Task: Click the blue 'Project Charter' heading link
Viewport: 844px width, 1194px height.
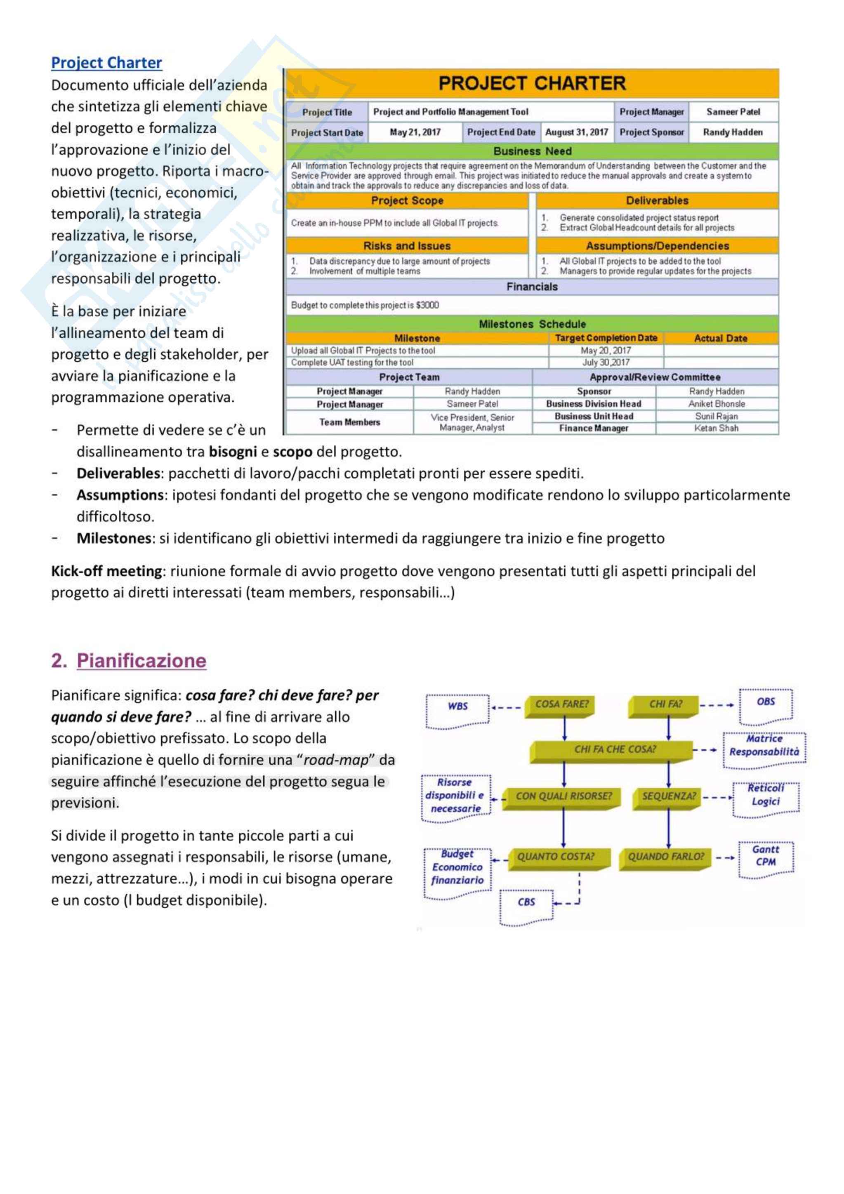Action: click(x=106, y=63)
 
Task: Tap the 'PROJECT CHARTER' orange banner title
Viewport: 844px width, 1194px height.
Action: click(x=531, y=83)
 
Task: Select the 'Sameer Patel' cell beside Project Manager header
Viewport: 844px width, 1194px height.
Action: click(x=733, y=112)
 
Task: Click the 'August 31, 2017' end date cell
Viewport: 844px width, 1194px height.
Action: click(x=576, y=132)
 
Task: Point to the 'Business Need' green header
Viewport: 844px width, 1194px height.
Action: click(x=532, y=151)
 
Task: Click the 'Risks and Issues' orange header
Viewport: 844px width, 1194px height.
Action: click(x=407, y=246)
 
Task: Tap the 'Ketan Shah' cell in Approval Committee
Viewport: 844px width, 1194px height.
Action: click(x=716, y=428)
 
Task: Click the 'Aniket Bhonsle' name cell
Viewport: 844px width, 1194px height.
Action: click(x=716, y=403)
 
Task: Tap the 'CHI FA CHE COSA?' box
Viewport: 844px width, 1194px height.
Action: click(x=615, y=749)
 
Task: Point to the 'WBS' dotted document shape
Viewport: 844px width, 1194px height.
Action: click(x=457, y=707)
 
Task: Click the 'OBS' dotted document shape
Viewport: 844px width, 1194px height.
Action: click(x=766, y=703)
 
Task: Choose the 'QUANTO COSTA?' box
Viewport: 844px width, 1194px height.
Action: click(x=555, y=857)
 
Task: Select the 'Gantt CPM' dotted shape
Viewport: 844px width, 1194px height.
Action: click(x=766, y=856)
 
